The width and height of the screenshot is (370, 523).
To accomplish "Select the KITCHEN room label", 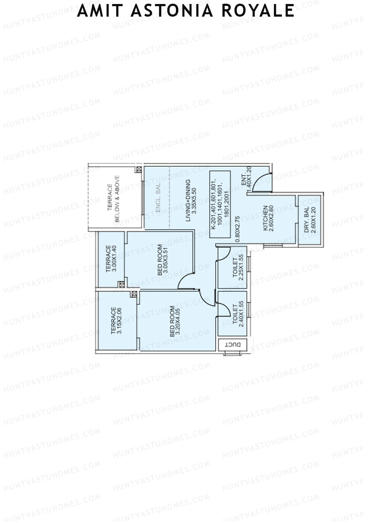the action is (265, 218).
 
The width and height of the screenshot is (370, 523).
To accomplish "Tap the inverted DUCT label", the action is (233, 345).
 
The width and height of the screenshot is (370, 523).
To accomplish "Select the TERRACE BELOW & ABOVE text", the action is (113, 198).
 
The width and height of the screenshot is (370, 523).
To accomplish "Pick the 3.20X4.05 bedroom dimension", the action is (178, 321).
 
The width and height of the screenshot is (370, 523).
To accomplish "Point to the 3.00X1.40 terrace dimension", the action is (114, 259).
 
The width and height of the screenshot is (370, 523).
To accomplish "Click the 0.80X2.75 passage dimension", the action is (237, 230).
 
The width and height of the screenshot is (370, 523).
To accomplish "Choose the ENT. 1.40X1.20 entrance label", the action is (246, 180).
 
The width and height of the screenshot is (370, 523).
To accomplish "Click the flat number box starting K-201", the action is (220, 205).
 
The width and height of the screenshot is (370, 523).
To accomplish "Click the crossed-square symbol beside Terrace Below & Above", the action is (139, 169).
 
